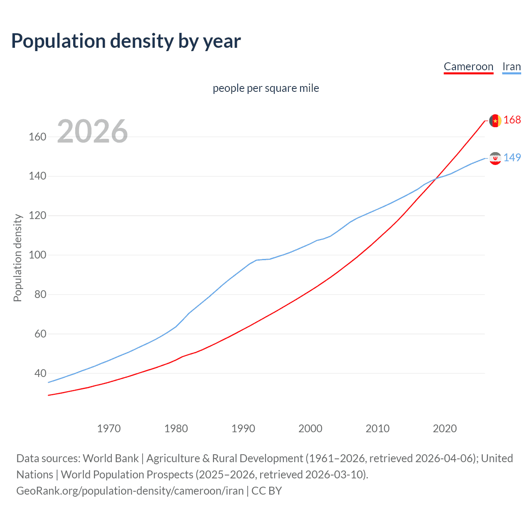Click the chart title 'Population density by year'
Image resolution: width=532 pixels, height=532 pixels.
126,41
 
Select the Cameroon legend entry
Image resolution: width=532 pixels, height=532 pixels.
468,66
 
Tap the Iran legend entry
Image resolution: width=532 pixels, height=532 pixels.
511,66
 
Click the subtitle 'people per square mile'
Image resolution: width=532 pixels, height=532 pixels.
266,88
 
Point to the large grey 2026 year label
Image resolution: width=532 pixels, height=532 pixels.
92,131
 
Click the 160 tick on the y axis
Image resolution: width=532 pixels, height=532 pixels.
37,137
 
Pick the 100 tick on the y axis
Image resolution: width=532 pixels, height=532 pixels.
37,255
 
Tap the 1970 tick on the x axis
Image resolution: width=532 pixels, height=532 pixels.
109,429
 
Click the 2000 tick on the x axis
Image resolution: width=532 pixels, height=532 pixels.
310,429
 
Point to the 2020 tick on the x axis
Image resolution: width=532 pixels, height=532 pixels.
445,429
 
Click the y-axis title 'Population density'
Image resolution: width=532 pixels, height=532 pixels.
17,258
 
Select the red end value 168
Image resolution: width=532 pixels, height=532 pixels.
512,120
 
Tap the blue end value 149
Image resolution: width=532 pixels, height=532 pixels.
512,158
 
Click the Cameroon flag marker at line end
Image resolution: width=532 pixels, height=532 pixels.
495,121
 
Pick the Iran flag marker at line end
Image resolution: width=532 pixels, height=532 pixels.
495,158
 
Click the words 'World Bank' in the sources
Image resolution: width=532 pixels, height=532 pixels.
111,458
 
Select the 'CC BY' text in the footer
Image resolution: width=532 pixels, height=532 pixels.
266,491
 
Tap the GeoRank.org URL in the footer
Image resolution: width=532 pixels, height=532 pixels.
130,491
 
